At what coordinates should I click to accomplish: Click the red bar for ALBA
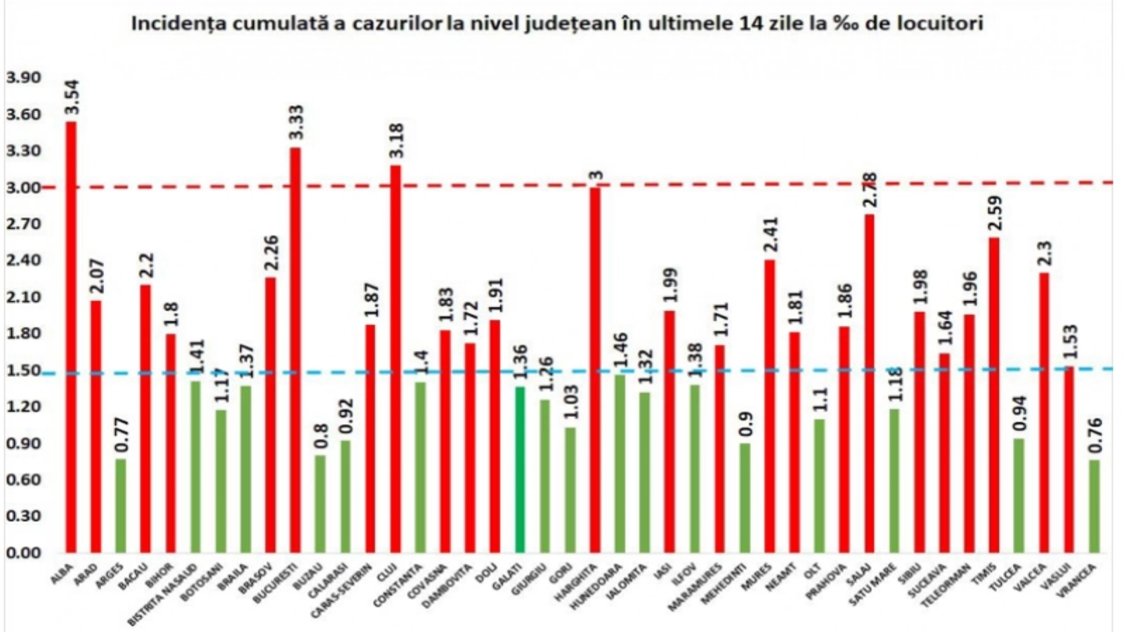71,337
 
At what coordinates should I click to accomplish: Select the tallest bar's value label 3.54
72,98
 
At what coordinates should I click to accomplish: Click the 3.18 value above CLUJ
396,141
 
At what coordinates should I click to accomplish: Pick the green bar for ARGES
121,505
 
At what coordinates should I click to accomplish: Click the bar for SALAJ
870,383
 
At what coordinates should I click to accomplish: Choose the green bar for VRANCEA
1094,506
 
